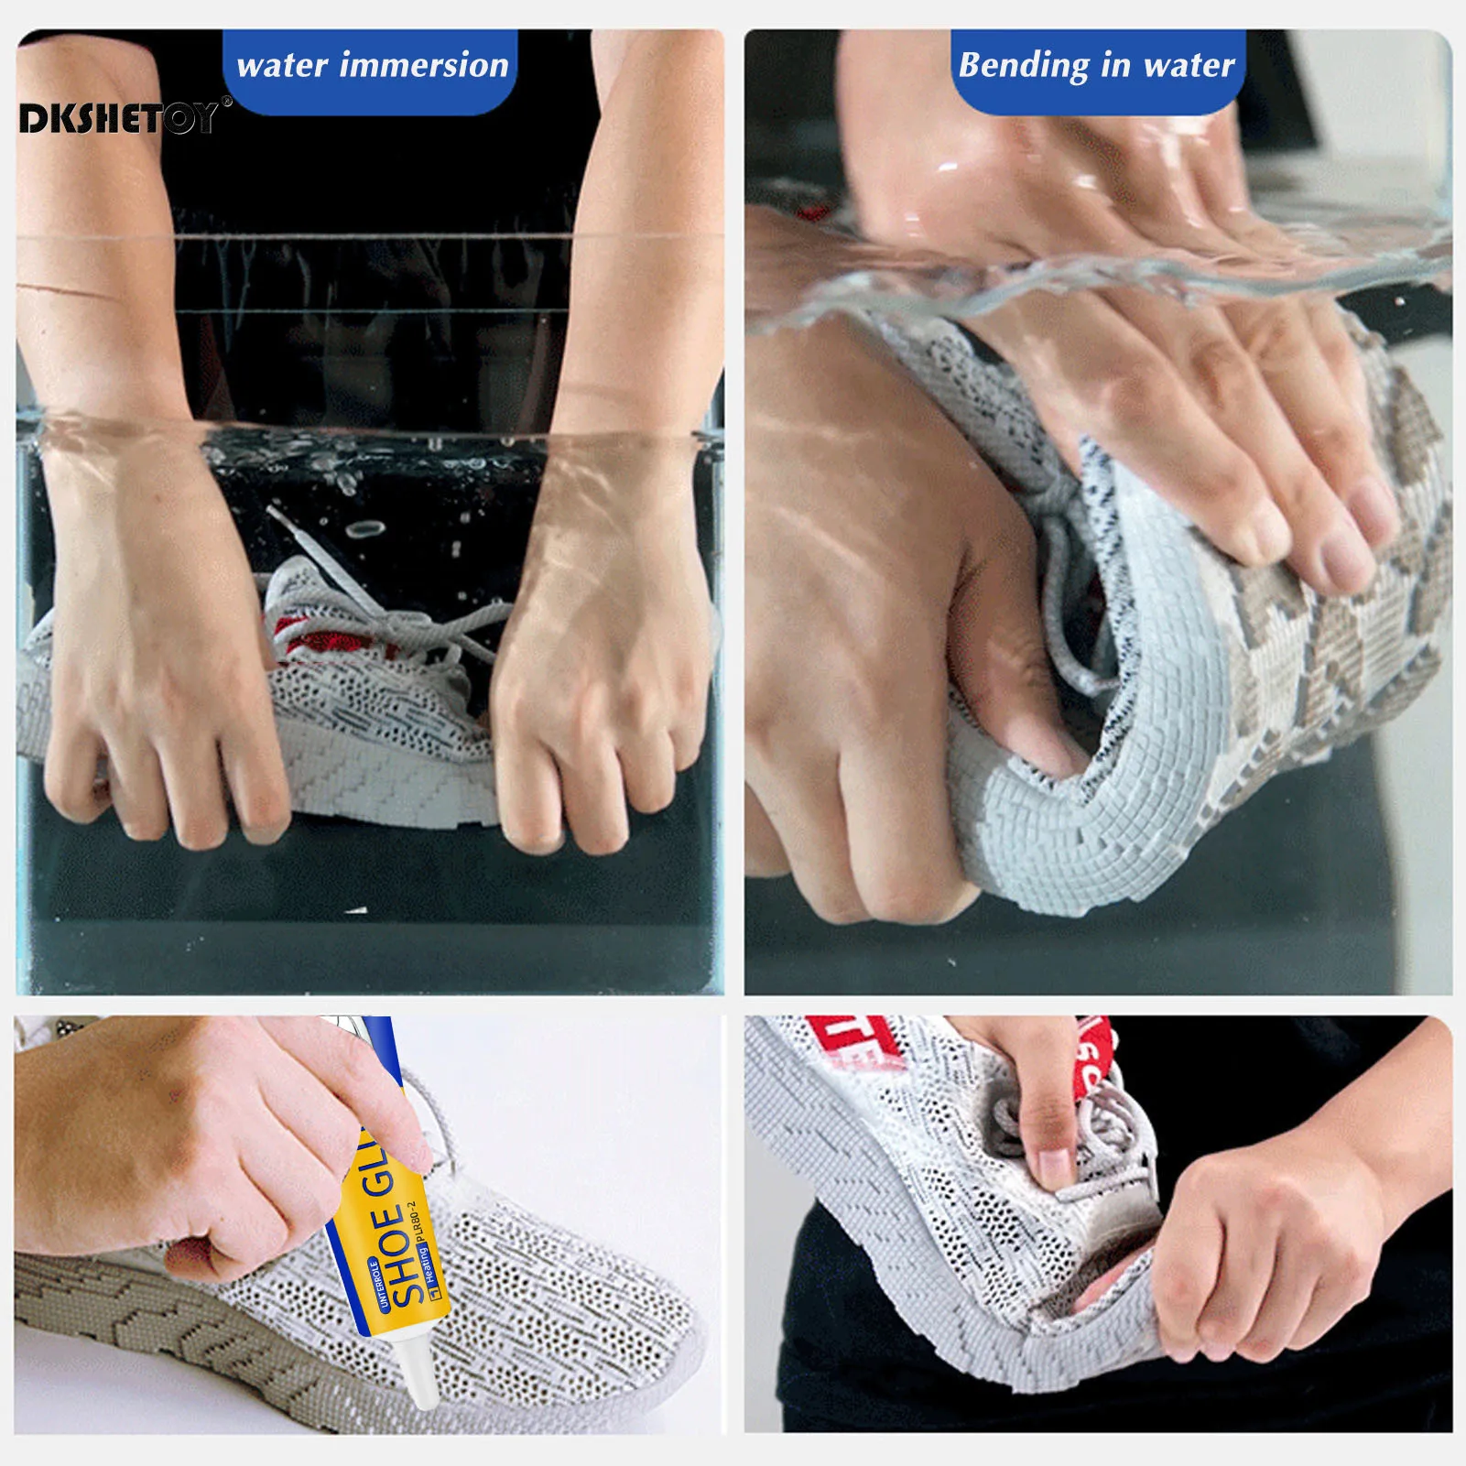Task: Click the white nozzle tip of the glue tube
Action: point(424,1392)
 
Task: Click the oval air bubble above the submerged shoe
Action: point(366,529)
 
